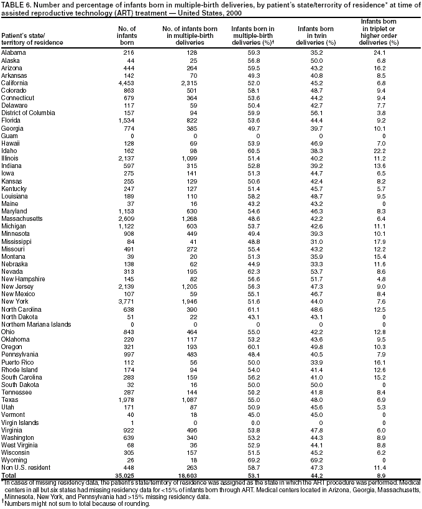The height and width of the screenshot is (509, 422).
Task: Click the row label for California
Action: coord(14,81)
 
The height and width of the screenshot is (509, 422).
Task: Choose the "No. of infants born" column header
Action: coord(126,35)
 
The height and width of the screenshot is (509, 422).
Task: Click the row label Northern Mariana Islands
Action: coord(31,324)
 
